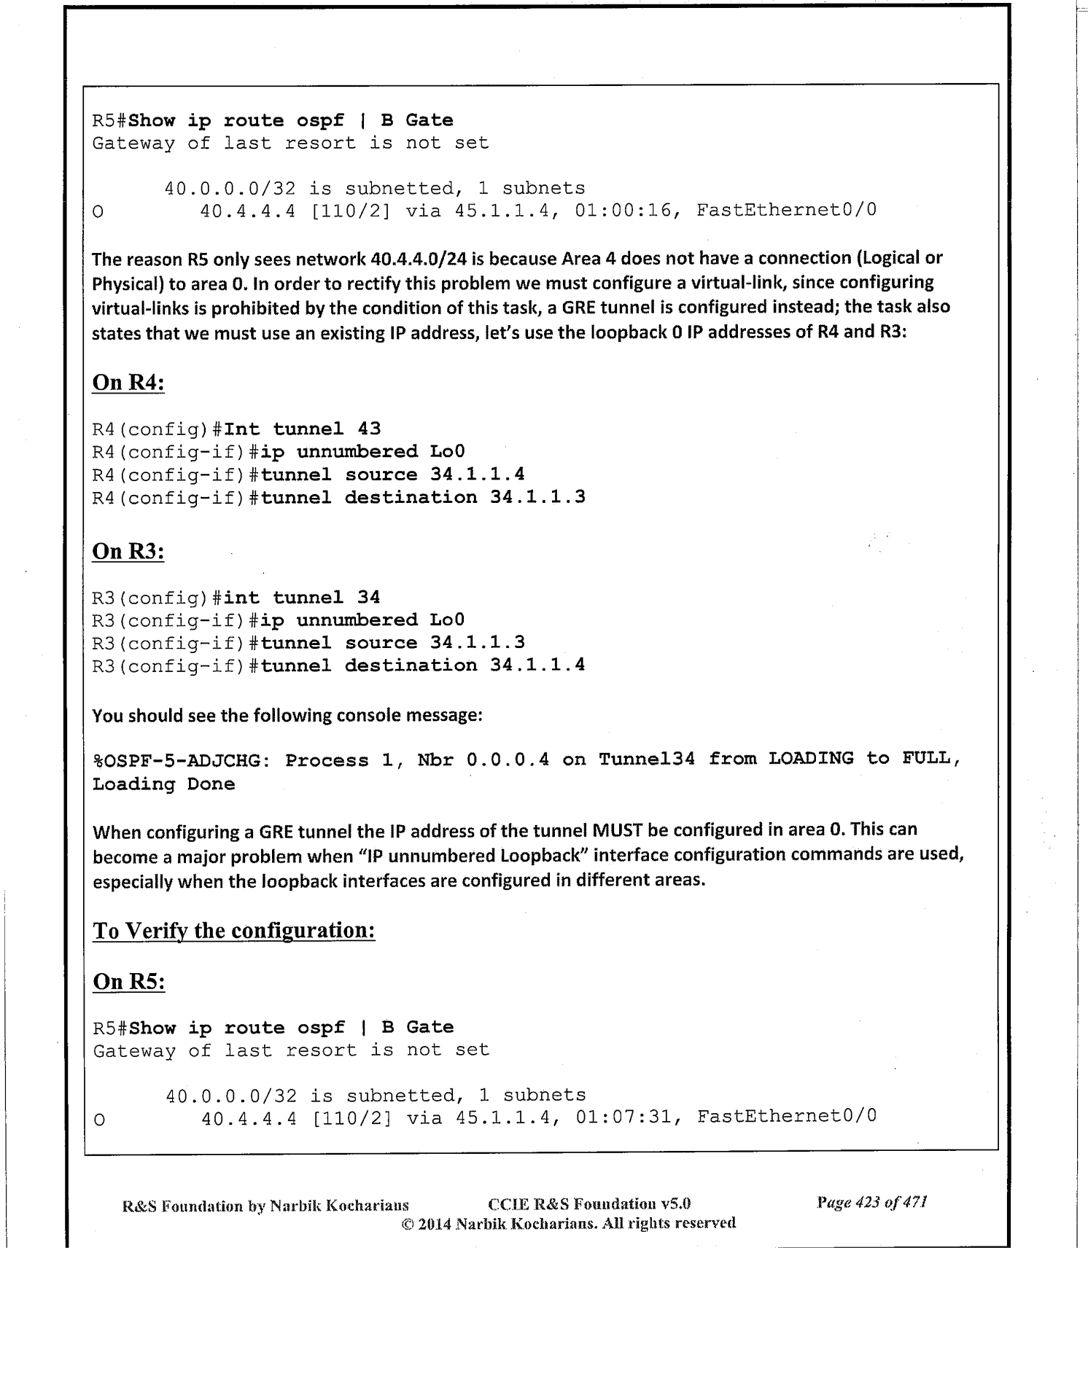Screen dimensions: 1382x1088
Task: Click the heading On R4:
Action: (x=128, y=383)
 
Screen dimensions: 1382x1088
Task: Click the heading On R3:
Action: (x=128, y=551)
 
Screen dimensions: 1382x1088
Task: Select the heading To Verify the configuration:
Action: (x=234, y=931)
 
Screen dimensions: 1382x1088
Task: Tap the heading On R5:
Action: (x=129, y=982)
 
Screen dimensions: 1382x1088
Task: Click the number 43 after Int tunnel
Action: (x=369, y=429)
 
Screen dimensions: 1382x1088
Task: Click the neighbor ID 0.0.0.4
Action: (x=508, y=760)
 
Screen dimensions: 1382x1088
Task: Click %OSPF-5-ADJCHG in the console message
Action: (x=182, y=761)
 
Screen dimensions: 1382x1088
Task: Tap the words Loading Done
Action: (x=163, y=784)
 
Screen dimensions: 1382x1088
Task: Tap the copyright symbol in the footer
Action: (x=407, y=1222)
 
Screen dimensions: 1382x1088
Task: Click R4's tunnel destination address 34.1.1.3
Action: (x=537, y=498)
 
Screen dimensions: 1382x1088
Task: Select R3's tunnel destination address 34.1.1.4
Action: (x=537, y=665)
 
